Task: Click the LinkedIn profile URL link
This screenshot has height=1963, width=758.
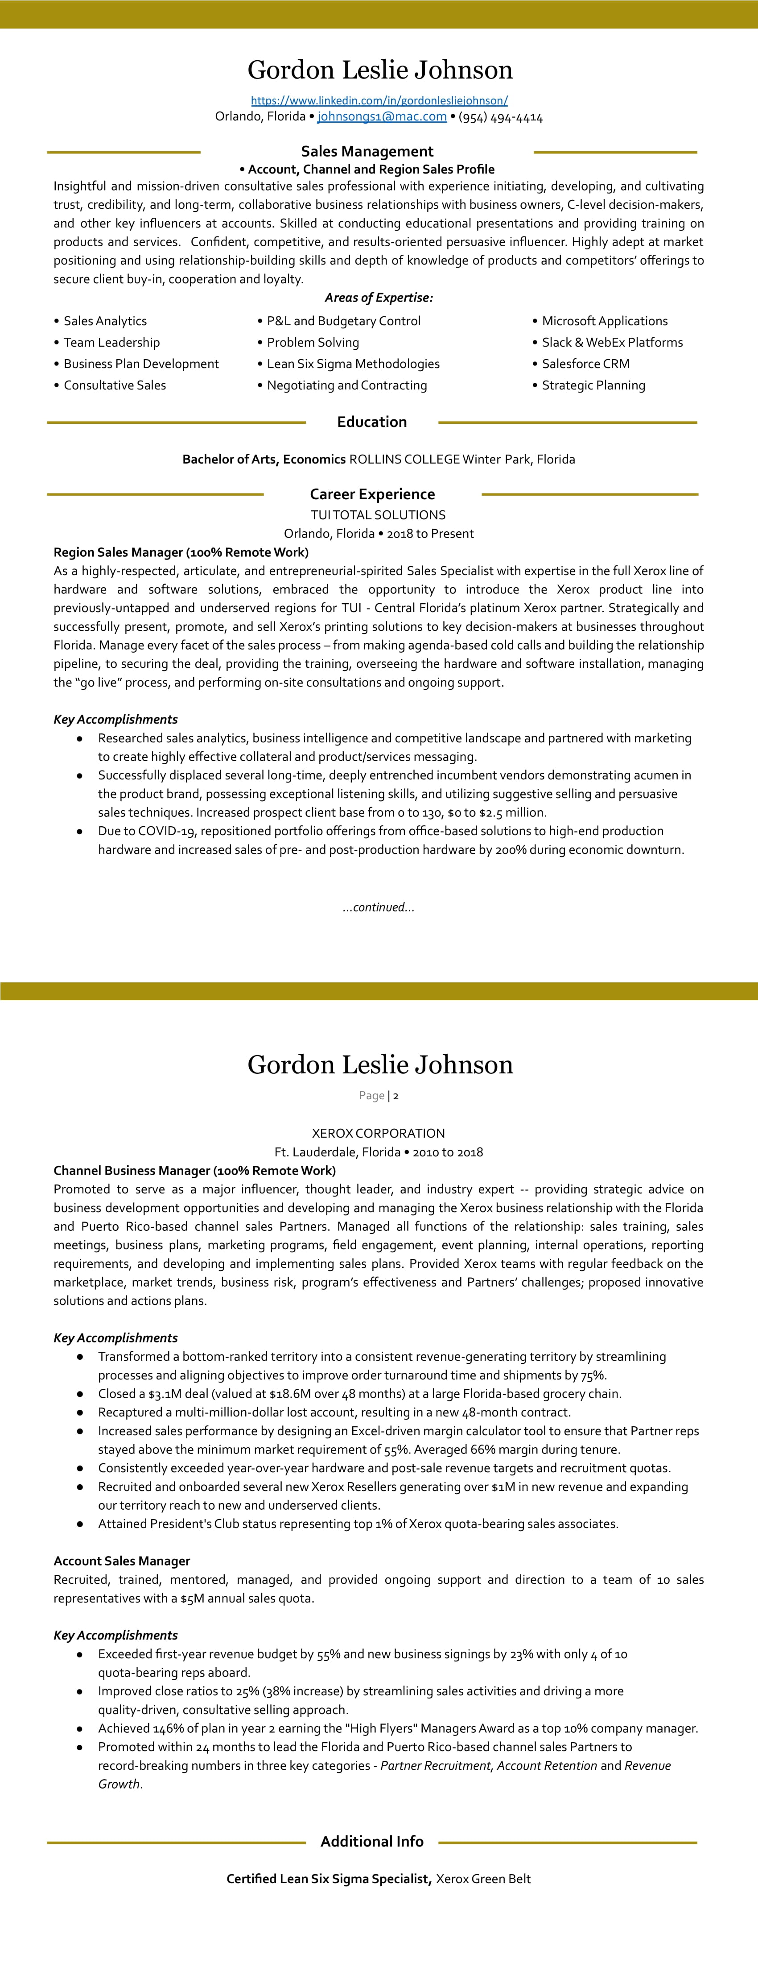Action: (379, 100)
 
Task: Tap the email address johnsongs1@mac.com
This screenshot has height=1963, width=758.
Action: (382, 116)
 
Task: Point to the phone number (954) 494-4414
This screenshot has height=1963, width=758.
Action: (501, 117)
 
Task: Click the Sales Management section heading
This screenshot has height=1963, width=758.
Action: (367, 152)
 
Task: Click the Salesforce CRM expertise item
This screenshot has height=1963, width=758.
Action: (585, 364)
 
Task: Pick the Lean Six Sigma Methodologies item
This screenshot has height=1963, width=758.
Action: (353, 364)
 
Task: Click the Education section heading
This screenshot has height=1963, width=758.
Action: (372, 422)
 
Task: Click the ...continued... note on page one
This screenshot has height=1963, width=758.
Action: (379, 907)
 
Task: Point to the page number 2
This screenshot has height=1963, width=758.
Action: (396, 1096)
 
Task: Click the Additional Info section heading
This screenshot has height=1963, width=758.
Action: (372, 1842)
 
